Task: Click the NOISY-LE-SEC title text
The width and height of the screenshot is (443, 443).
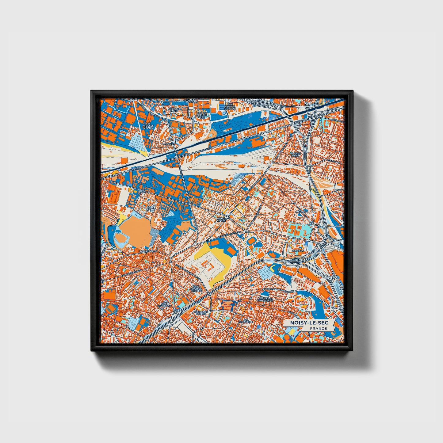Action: click(x=307, y=323)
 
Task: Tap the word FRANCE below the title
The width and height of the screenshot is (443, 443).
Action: click(x=318, y=328)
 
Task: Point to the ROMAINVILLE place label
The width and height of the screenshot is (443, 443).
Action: click(x=148, y=251)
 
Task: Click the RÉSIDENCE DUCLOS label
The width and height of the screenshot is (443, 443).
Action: click(x=201, y=313)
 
